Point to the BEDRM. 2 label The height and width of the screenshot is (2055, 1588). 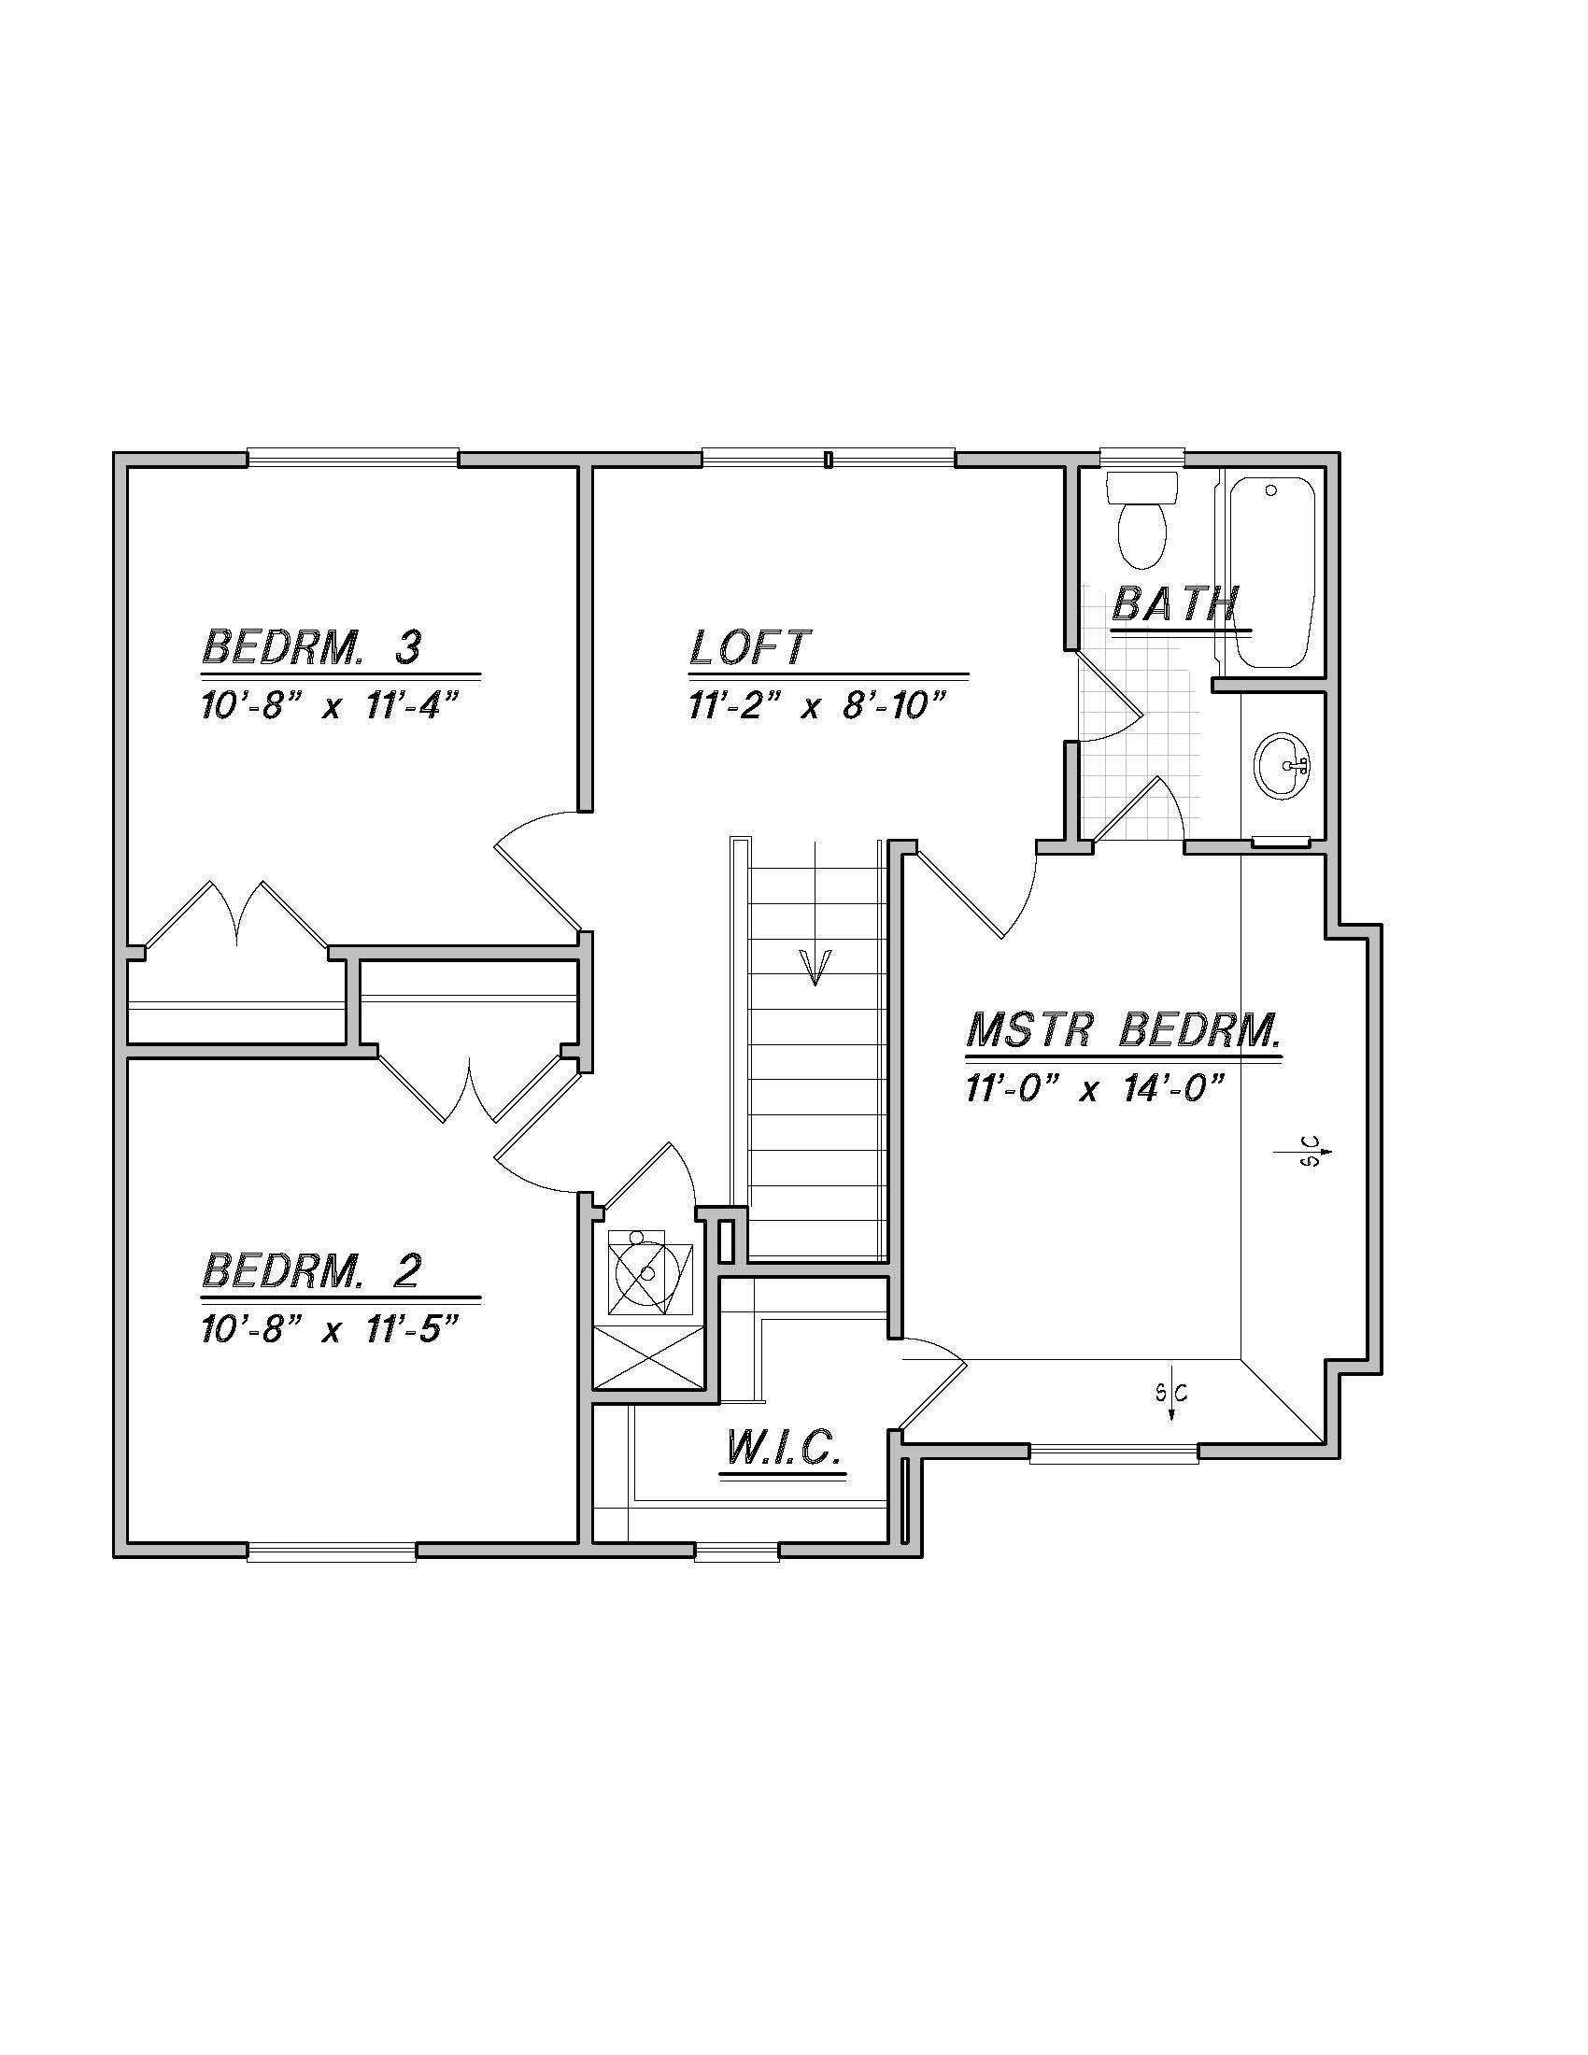pyautogui.click(x=311, y=1270)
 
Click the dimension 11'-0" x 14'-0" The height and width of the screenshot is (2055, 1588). pyautogui.click(x=1093, y=1088)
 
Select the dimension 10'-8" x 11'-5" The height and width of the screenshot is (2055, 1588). pyautogui.click(x=329, y=1329)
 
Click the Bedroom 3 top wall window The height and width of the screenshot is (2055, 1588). pyautogui.click(x=353, y=460)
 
